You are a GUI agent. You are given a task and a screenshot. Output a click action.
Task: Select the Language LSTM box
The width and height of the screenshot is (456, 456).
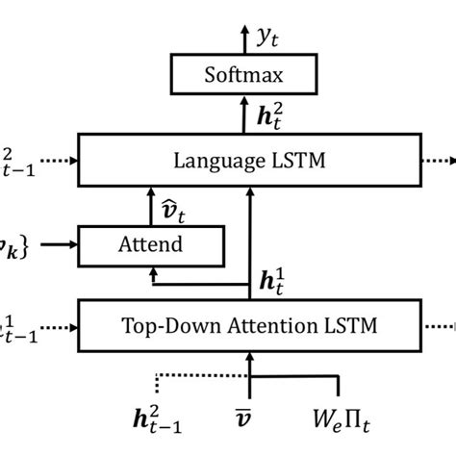click(249, 160)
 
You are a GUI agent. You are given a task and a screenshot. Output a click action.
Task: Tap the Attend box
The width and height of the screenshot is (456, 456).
click(150, 245)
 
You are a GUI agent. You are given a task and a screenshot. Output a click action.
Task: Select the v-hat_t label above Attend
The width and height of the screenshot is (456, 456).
click(172, 205)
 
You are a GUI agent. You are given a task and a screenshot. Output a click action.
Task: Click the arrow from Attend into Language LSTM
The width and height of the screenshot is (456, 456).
click(149, 206)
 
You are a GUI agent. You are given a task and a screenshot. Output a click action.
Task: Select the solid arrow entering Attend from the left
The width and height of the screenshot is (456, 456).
click(59, 245)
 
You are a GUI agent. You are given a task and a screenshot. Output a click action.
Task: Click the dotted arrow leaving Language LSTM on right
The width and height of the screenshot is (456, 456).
click(439, 160)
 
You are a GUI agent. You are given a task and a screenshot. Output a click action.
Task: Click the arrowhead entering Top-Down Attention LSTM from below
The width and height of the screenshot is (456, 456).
click(249, 358)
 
